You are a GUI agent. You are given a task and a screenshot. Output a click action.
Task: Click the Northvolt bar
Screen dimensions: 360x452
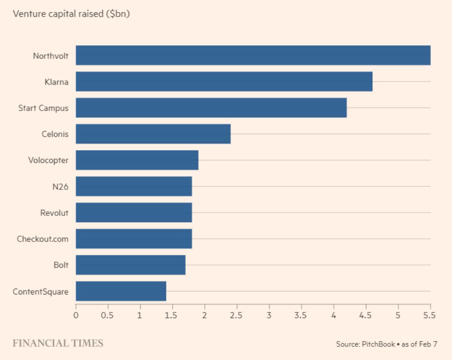(x=253, y=55)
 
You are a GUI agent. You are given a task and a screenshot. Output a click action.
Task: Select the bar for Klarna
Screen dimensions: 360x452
(x=224, y=81)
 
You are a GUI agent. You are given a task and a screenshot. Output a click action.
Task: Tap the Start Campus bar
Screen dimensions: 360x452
(x=211, y=107)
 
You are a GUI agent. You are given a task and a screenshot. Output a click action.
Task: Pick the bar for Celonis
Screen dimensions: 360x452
(x=153, y=134)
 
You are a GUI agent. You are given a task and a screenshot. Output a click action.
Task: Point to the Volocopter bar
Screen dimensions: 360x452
(x=137, y=160)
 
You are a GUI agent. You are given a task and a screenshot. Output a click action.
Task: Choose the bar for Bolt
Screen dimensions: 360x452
(x=130, y=264)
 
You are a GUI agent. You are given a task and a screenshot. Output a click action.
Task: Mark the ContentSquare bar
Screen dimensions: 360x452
(x=121, y=291)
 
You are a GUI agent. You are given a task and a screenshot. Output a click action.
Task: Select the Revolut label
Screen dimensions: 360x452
(x=54, y=213)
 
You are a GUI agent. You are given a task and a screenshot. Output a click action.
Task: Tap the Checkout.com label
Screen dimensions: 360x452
(x=43, y=239)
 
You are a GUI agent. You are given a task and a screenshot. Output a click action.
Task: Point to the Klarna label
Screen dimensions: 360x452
(x=56, y=82)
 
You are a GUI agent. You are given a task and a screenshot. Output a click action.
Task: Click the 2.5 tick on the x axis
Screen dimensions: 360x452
(x=237, y=315)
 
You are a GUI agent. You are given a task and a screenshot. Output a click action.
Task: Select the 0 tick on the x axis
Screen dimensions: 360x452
(x=76, y=315)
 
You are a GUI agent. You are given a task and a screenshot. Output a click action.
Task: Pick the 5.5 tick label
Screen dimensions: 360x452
(x=430, y=315)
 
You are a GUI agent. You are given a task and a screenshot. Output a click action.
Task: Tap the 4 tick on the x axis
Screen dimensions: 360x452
(x=333, y=315)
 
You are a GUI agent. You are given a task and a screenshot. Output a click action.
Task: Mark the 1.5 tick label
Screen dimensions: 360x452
(x=172, y=315)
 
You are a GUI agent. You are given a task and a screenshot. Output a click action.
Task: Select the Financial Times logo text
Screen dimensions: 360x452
(x=58, y=343)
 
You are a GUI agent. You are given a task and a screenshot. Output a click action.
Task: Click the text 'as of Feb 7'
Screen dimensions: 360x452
(x=419, y=344)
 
